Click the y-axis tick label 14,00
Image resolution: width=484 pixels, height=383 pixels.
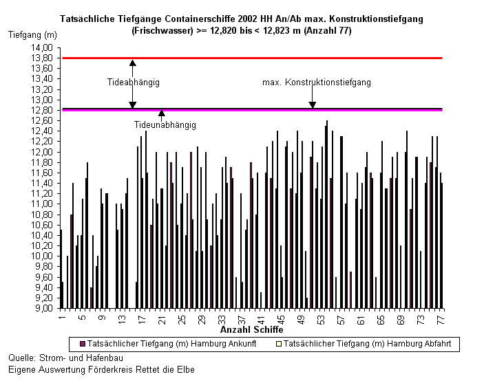click(42, 48)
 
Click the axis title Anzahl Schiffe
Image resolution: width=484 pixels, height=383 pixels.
click(251, 329)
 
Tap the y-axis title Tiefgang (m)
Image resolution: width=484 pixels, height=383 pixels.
click(32, 35)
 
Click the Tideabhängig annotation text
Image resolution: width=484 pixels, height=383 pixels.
click(134, 83)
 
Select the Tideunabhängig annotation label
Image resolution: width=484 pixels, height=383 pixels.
click(165, 125)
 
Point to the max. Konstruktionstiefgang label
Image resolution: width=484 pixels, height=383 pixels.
click(317, 83)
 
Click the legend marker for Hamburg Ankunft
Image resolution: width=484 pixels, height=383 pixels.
click(83, 344)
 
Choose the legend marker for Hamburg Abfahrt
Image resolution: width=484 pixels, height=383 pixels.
click(279, 344)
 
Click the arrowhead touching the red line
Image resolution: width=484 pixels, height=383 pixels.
click(133, 63)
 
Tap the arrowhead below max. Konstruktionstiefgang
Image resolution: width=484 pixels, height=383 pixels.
click(313, 105)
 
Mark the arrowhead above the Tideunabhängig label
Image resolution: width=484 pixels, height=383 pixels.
click(161, 113)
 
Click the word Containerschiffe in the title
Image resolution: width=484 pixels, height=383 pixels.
click(200, 19)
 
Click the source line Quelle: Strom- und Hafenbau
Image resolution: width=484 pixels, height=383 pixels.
click(65, 358)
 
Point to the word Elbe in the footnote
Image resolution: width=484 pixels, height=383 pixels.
click(186, 369)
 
